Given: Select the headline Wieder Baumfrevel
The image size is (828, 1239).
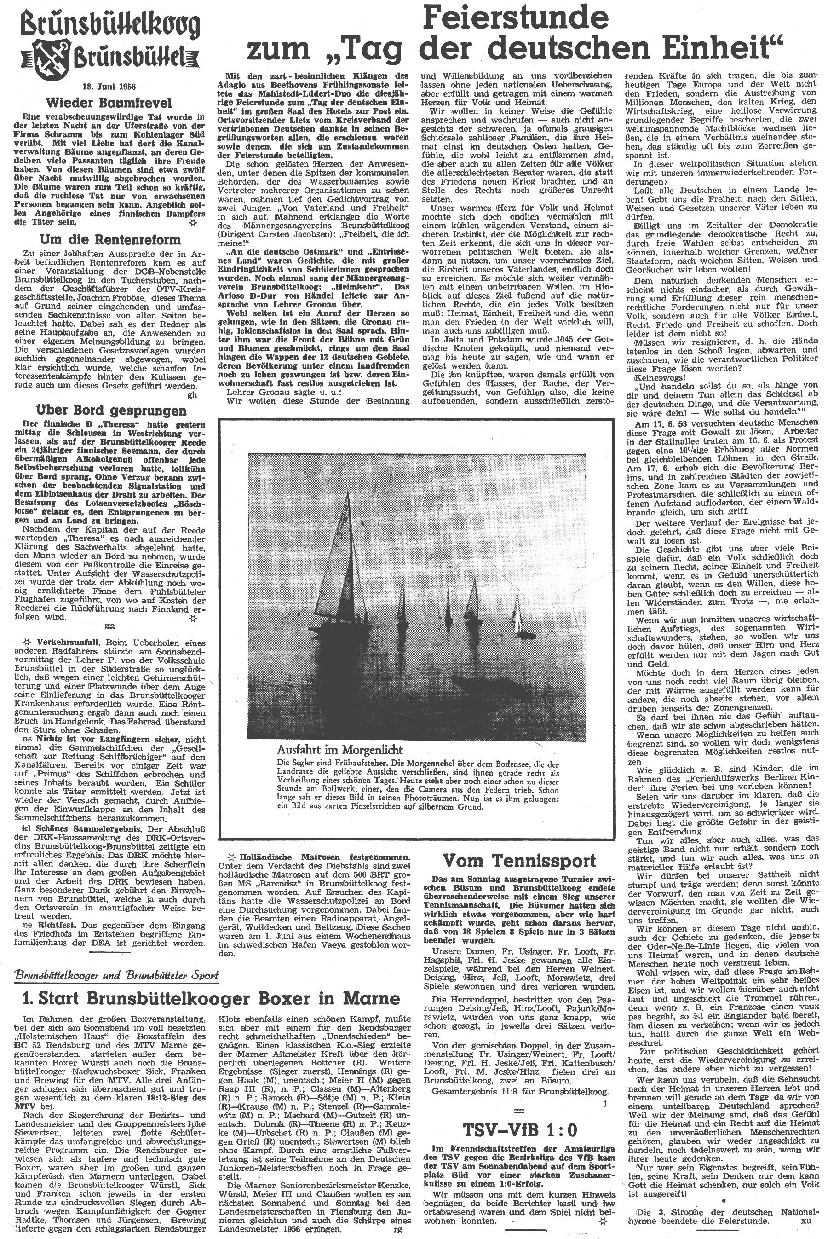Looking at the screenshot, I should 106,102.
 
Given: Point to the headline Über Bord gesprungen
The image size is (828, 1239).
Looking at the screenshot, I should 110,411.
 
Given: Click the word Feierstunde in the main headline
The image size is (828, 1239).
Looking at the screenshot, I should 517,18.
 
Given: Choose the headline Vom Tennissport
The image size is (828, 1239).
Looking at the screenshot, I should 520,861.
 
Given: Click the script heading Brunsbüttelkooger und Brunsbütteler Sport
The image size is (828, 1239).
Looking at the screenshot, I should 117,975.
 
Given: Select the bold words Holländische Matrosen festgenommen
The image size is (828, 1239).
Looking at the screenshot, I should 324,857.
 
